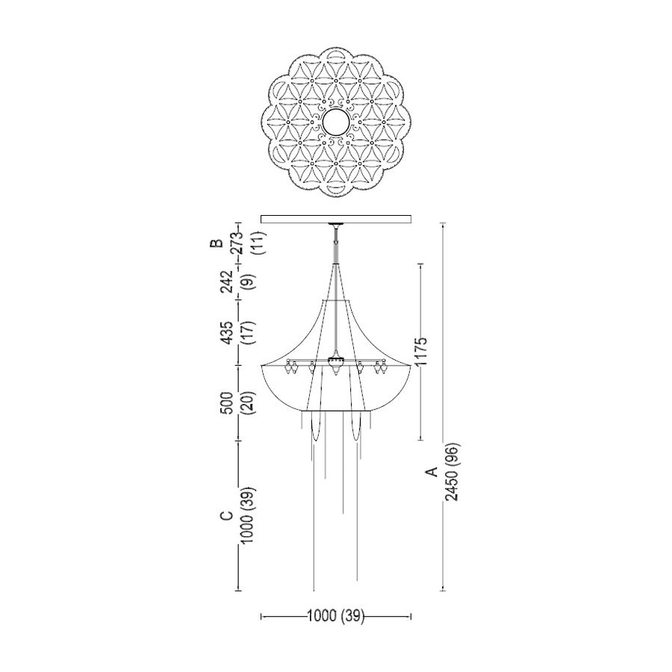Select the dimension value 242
[x=227, y=281]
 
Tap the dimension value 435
[x=227, y=332]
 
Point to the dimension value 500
[x=227, y=403]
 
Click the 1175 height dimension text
[x=421, y=351]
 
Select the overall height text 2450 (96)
[x=452, y=471]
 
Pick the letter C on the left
[x=226, y=515]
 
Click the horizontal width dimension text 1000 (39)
[x=335, y=616]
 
